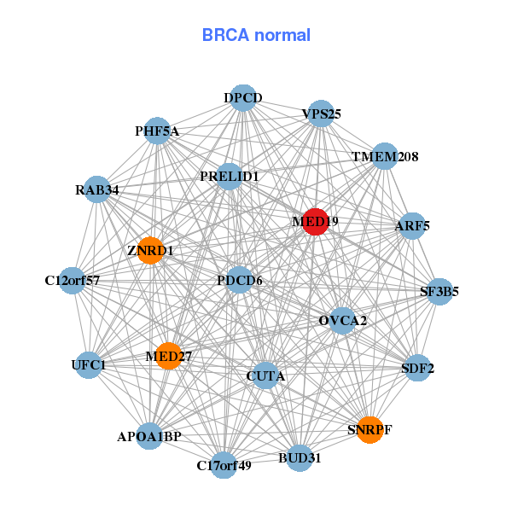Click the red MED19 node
coord(315,222)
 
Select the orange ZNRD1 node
coord(150,250)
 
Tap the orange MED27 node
coord(168,355)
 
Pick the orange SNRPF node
coord(369,428)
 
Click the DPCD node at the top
coord(243,98)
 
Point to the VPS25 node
coord(321,113)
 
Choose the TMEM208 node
coord(385,156)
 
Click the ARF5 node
coord(412,226)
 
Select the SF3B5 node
coord(439,292)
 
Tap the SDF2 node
coord(417,369)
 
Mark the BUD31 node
coord(300,457)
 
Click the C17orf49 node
coord(224,464)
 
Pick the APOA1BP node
coord(150,436)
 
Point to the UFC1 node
coord(89,365)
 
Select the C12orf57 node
coord(73,280)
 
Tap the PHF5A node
coord(156,131)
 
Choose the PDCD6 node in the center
coord(239,280)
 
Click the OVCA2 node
coord(342,321)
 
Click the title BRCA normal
coord(256,35)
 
